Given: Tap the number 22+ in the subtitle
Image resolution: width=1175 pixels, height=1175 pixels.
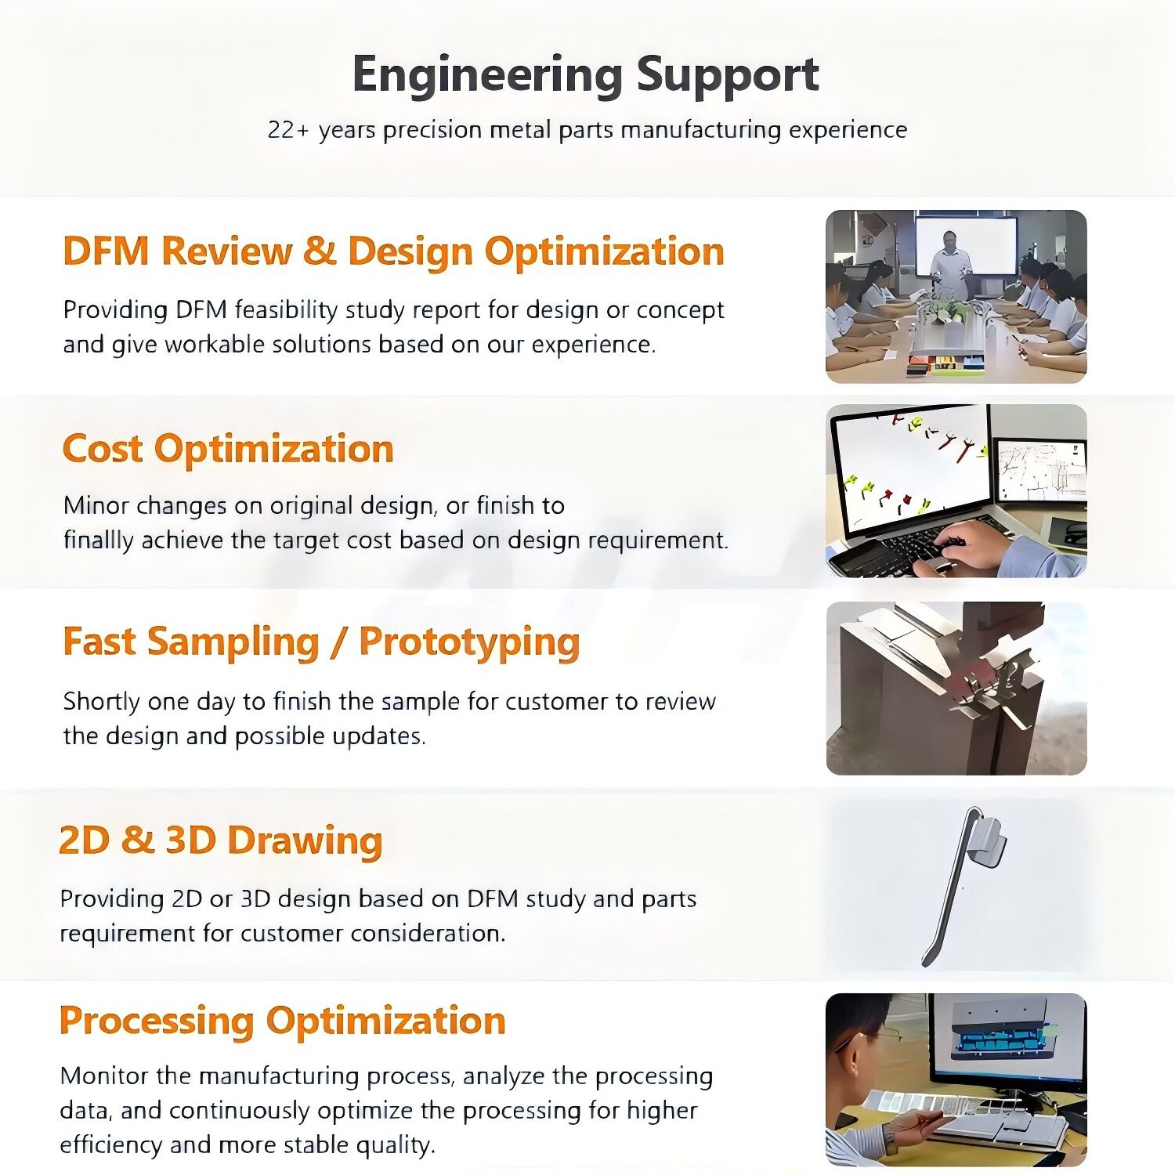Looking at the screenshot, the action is [289, 129].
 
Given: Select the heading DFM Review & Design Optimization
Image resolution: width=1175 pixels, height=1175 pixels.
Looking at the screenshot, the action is [393, 251].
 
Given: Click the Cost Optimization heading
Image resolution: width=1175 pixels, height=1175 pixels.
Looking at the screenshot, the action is [228, 449].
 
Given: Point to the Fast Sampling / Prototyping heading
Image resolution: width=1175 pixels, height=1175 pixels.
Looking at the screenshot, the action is [321, 642].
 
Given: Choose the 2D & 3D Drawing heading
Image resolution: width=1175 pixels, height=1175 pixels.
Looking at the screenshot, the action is [221, 840].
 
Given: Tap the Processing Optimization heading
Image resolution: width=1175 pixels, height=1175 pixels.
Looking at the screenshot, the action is [283, 1021].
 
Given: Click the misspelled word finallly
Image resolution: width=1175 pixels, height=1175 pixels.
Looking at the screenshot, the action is [99, 540].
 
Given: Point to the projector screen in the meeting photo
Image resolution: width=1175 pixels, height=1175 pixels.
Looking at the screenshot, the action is [967, 244].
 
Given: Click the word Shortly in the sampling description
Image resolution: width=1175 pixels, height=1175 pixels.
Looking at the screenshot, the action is [102, 702].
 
